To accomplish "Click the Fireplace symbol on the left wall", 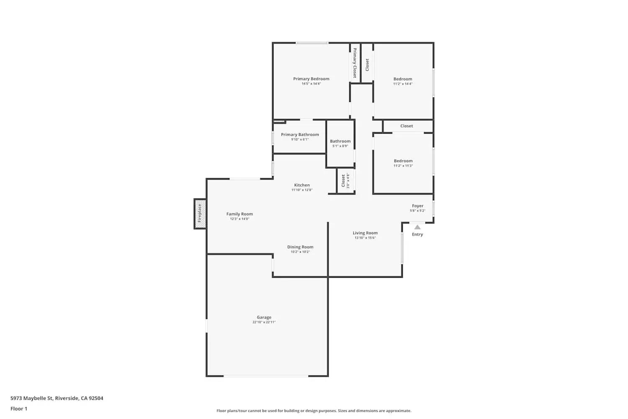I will point(200,214).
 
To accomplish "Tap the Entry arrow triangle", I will point(417,227).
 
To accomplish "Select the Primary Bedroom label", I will point(311,79).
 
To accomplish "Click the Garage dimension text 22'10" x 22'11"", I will point(264,322).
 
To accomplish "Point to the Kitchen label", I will point(302,185).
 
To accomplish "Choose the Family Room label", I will point(239,214).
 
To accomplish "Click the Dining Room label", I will point(300,247).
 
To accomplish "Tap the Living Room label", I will point(365,233).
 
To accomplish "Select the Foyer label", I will point(417,206).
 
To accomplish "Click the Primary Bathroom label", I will point(300,134).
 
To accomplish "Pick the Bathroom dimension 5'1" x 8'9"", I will point(340,146).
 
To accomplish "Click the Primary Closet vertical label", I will point(355,63).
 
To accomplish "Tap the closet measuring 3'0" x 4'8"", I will point(345,181).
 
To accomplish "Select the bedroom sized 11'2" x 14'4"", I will point(403,81).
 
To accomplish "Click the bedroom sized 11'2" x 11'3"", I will point(403,163).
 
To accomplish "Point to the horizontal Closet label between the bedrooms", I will point(407,126).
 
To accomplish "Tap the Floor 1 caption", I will point(19,409).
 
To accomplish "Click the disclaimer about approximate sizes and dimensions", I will point(314,411).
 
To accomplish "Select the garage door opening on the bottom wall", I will point(266,376).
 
